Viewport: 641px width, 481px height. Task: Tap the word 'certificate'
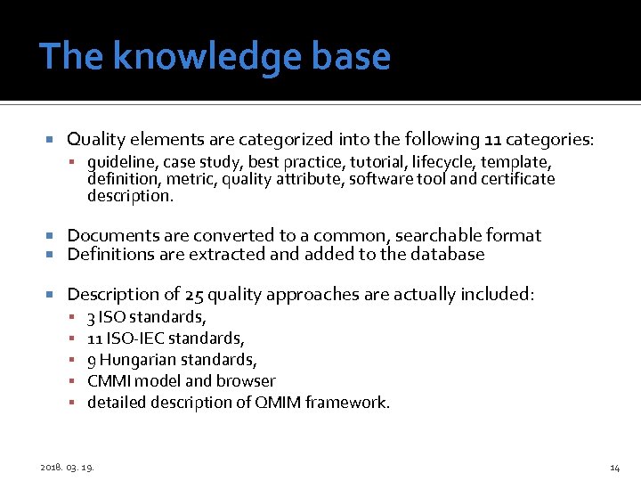click(518, 179)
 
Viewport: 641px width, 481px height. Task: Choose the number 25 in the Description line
click(193, 295)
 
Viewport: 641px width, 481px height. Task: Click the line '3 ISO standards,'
click(147, 317)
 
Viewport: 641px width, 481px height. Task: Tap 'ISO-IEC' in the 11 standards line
click(134, 338)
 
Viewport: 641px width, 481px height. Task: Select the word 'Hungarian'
click(138, 360)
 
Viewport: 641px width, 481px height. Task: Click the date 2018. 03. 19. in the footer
click(69, 468)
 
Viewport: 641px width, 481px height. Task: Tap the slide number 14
click(614, 468)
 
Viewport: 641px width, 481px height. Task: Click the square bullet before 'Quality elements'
click(52, 140)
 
